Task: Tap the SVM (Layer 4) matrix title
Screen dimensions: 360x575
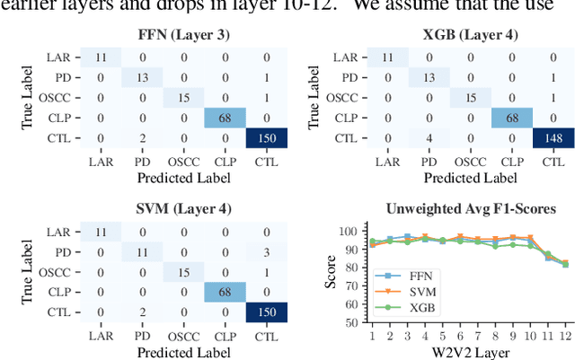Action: point(169,209)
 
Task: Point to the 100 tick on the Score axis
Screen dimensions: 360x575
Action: point(354,232)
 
